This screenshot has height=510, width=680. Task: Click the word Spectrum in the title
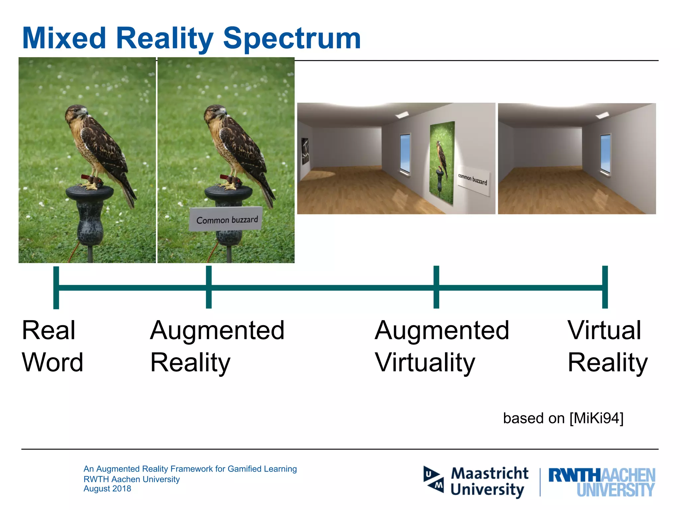click(292, 39)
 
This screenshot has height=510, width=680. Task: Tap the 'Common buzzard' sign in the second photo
click(226, 219)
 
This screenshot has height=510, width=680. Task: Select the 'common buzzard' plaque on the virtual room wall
click(472, 180)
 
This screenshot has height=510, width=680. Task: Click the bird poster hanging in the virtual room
click(442, 162)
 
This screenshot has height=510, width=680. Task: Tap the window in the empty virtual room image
click(606, 154)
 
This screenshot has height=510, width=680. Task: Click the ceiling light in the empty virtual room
click(602, 116)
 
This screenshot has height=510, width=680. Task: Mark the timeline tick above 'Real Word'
click(56, 288)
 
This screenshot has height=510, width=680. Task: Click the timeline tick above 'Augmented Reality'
click(209, 287)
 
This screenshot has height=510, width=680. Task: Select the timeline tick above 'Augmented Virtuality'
click(436, 287)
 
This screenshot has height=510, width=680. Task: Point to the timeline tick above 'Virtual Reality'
click(605, 287)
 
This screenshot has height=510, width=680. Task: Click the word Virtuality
click(425, 363)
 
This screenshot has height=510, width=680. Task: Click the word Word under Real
click(52, 363)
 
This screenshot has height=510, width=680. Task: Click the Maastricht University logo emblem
click(433, 479)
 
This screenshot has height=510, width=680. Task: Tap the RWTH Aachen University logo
click(602, 482)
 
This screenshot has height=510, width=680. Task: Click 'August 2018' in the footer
click(107, 489)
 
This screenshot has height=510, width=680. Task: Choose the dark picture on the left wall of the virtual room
click(305, 151)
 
